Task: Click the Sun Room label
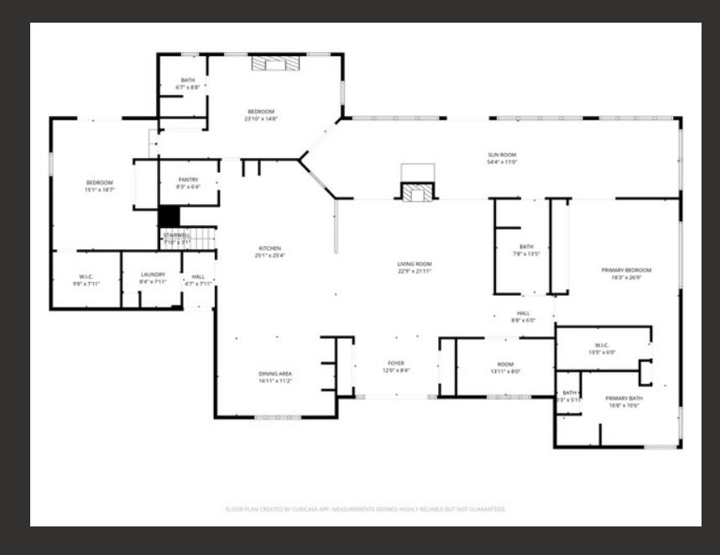pos(502,154)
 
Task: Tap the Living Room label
pos(414,264)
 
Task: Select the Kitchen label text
pos(269,249)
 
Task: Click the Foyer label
pos(395,364)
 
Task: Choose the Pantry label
pos(188,180)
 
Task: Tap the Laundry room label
pos(152,275)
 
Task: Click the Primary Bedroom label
pos(626,270)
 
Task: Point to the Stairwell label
pos(176,235)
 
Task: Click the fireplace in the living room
pos(417,192)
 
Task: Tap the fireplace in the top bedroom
pos(275,63)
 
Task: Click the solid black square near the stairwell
pos(169,216)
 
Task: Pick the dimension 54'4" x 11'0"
pos(502,162)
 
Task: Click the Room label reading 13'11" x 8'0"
pos(504,364)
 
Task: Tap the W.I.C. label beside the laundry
pos(86,275)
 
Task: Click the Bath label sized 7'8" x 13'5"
pos(526,247)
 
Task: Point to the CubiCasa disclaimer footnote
pos(365,509)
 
